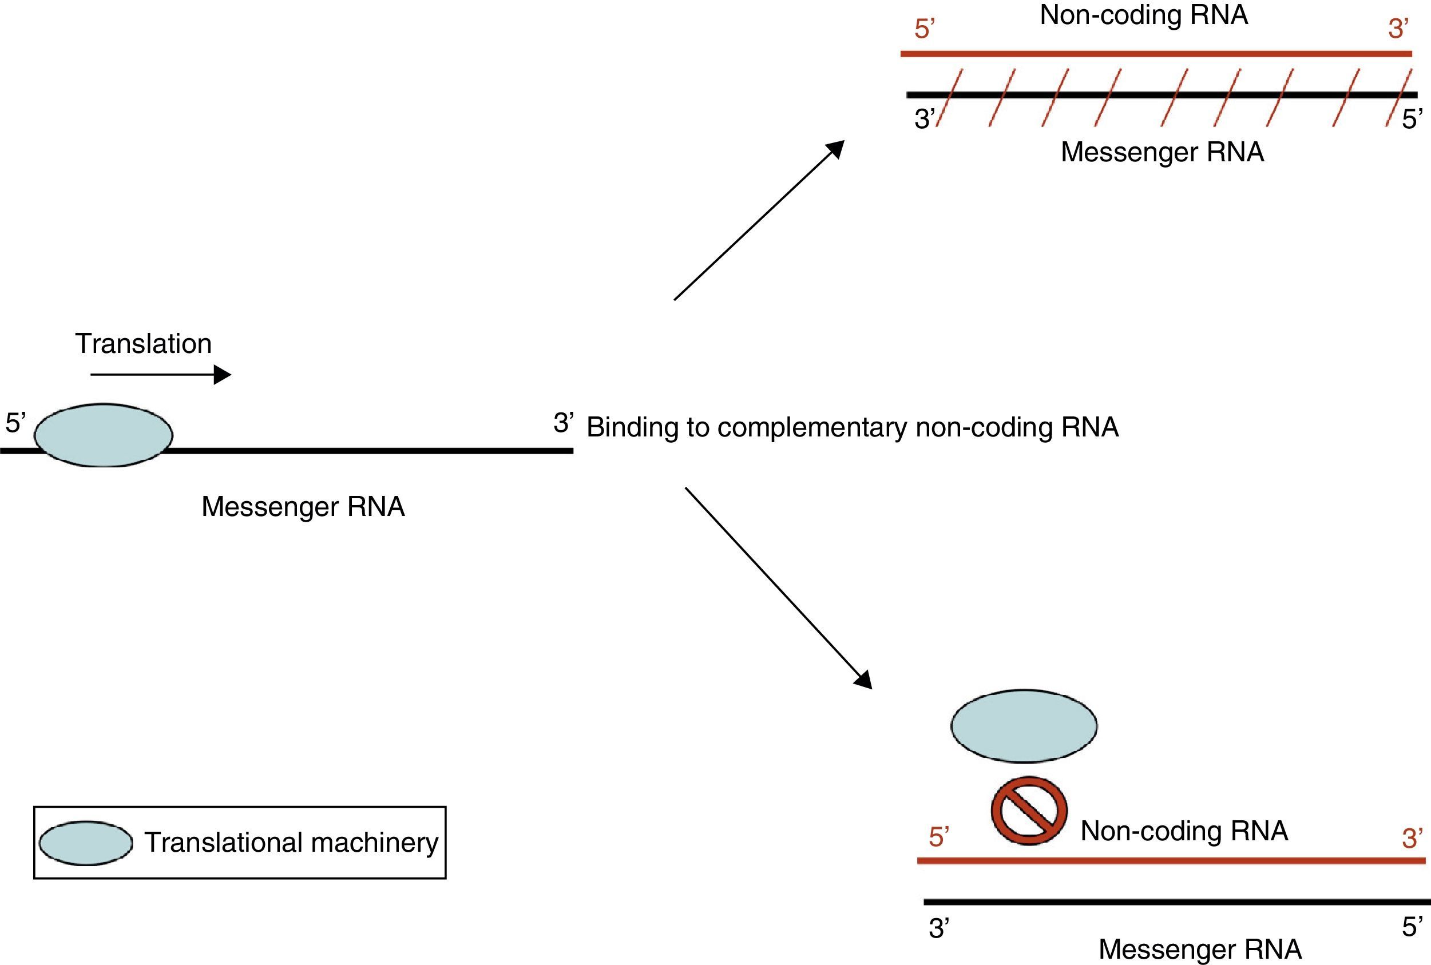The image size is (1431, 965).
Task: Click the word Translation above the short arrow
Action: point(143,343)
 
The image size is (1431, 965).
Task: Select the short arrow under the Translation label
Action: point(160,374)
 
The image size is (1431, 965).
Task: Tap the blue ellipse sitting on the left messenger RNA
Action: point(104,435)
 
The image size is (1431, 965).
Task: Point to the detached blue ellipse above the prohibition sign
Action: point(1024,725)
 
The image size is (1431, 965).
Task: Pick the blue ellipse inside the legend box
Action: point(86,843)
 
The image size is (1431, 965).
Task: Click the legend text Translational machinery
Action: point(291,843)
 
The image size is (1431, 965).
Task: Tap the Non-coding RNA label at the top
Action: point(1144,15)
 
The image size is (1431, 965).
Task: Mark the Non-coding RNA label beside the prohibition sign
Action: point(1184,831)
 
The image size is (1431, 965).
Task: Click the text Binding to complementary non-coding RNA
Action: point(853,427)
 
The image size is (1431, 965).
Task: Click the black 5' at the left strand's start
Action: point(15,423)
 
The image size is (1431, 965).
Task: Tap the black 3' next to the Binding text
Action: point(563,423)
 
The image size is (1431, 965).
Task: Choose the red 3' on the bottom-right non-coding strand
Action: point(1413,838)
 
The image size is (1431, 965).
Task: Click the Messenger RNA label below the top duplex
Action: point(1162,152)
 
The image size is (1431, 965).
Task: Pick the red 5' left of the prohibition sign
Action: point(938,837)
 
